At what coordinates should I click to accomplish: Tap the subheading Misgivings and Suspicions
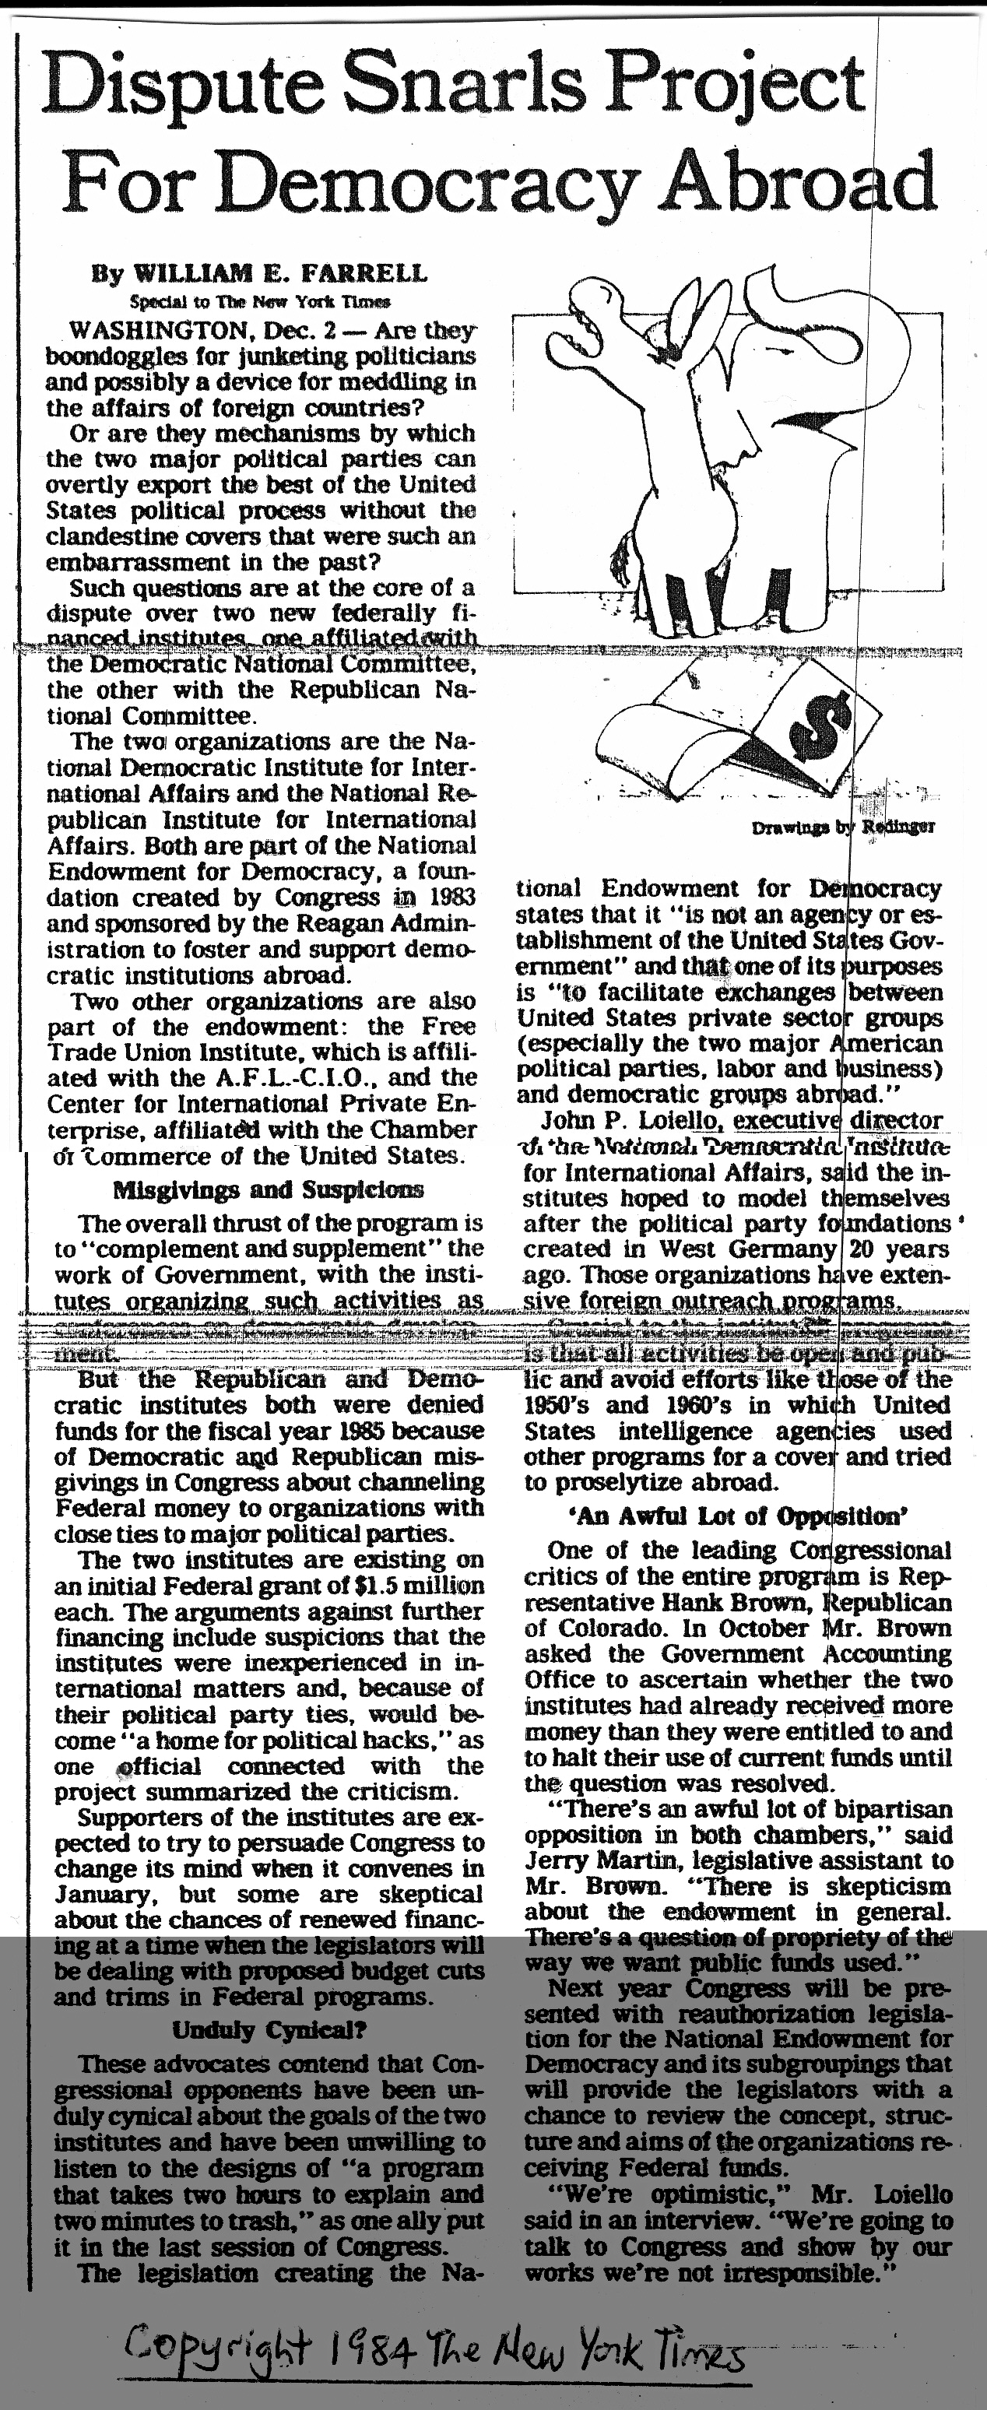[268, 1189]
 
